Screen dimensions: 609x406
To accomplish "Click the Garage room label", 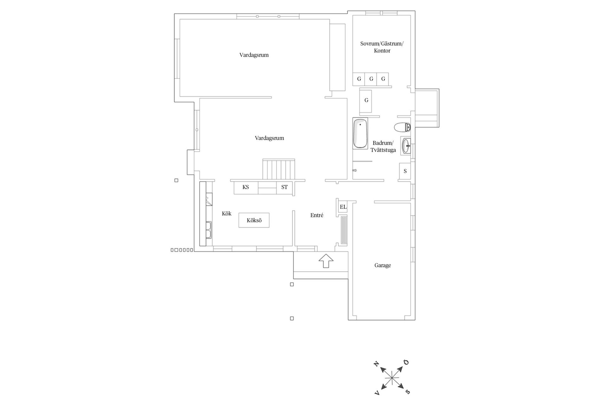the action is [x=383, y=265].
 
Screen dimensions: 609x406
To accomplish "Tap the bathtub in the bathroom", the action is [x=360, y=134].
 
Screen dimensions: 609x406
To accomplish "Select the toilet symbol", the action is [x=402, y=127].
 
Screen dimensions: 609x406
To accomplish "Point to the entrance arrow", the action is [x=326, y=261].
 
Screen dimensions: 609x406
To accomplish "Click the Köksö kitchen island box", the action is [x=254, y=220].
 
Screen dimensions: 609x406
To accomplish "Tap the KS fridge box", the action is [x=246, y=187].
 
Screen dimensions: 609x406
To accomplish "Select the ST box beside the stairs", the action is [x=285, y=187].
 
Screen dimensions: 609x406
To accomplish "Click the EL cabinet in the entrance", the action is [x=343, y=207].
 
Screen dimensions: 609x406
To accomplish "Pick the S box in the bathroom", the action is [x=405, y=171].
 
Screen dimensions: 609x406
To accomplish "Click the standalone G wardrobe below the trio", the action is [x=366, y=100].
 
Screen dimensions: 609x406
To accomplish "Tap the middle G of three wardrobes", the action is [x=371, y=79].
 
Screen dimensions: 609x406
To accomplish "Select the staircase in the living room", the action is [x=279, y=169].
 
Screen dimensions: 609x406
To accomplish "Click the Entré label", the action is [x=317, y=215].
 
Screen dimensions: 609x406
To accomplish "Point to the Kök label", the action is [x=226, y=214].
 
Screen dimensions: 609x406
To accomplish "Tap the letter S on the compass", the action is [x=408, y=392].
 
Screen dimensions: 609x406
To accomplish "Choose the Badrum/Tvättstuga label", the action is [x=383, y=147].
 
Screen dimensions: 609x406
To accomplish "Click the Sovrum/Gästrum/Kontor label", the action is [x=382, y=47].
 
